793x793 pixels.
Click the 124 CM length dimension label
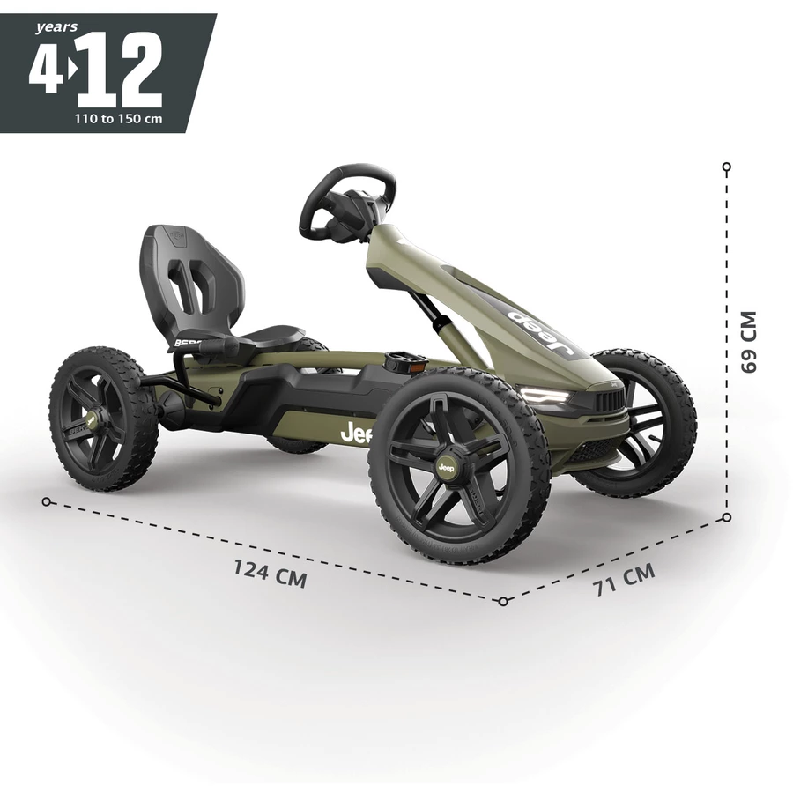click(x=271, y=574)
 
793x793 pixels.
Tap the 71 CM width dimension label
click(x=625, y=580)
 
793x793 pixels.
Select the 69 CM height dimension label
click(x=748, y=342)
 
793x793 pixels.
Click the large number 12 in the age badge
click(x=122, y=70)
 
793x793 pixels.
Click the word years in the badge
click(x=56, y=27)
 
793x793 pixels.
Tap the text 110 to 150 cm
click(x=119, y=119)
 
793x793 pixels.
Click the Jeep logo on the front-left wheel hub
click(x=446, y=468)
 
